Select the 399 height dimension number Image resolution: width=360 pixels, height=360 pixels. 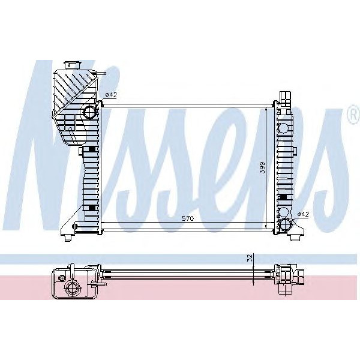point(262,167)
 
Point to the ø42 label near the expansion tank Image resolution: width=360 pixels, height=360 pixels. point(110,94)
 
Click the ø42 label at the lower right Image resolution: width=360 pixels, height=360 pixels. point(304,214)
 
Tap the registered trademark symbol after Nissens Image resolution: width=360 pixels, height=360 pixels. point(352,116)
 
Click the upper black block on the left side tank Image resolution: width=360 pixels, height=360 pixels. point(91,149)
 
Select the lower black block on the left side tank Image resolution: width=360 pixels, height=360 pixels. point(91,208)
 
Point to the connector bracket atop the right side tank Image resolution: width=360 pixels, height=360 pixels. point(284,98)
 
